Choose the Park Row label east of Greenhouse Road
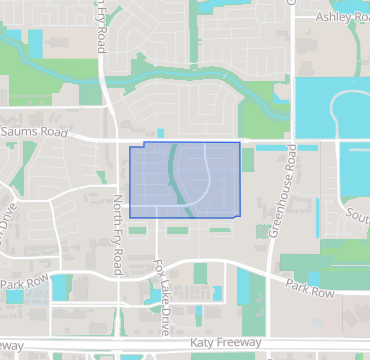pos(310,290)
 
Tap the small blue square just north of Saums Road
pos(160,132)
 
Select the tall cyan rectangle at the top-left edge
pos(36,45)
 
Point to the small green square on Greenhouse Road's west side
pos(262,231)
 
